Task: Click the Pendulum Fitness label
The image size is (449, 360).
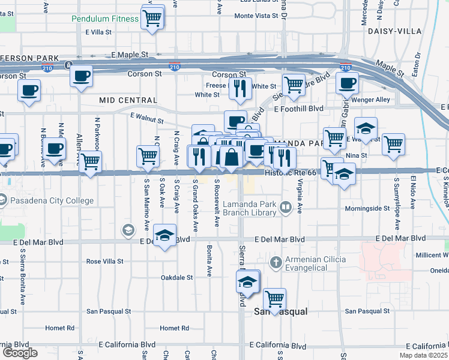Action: [104, 19]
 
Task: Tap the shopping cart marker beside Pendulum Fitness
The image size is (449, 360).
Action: [152, 17]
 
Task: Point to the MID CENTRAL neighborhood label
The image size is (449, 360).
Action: [128, 100]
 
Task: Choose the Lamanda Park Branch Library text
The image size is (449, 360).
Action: [249, 208]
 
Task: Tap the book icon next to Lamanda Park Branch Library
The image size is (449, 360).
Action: [285, 208]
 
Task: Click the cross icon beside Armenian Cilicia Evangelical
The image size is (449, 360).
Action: [276, 262]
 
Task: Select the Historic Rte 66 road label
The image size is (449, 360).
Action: [290, 173]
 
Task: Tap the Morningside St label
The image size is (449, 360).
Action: [367, 209]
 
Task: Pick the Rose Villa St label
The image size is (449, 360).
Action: [104, 262]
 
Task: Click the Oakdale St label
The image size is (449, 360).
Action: [176, 278]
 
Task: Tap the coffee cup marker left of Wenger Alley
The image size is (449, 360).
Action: [347, 83]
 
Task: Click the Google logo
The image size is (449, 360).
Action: [20, 353]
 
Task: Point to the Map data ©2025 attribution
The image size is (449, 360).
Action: [424, 355]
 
